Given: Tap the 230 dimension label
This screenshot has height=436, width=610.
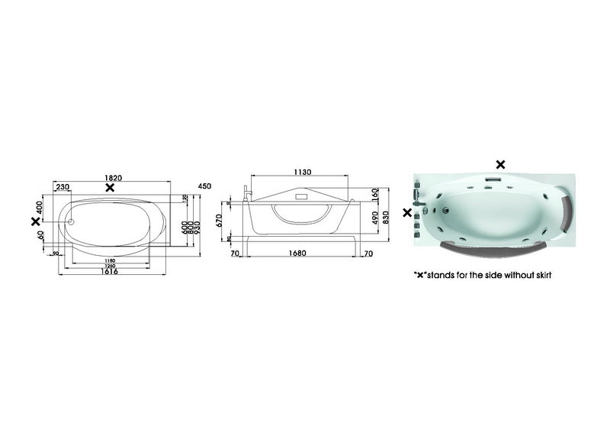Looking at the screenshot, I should point(63,187).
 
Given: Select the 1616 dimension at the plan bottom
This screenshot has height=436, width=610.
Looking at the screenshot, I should point(110,273).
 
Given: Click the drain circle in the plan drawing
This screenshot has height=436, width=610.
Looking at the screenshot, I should point(70,223).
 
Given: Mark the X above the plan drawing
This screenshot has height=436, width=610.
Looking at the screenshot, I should point(111,187).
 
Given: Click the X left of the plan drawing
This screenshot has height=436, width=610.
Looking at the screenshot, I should point(34,221).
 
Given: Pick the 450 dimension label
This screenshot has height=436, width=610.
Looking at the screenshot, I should point(204,186).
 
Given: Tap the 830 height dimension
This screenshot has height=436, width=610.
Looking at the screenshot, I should point(387,218).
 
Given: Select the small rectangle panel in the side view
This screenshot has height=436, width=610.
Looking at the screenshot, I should point(300,196).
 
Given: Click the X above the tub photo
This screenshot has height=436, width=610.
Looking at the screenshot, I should point(500,163).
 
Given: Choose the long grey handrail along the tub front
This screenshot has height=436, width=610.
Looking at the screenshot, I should point(488,246).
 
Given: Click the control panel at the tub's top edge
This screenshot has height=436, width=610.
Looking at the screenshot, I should point(492,182).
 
